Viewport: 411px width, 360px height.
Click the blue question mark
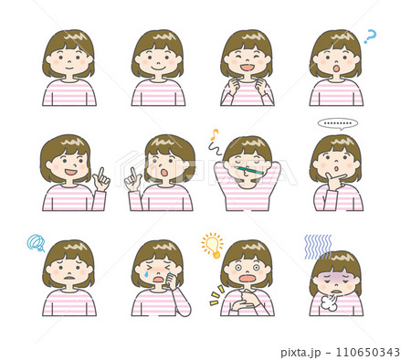pos(371,37)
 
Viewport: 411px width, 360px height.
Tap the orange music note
pos(215,133)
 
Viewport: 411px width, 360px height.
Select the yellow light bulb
pos(213,246)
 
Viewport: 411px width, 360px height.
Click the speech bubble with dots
pos(338,123)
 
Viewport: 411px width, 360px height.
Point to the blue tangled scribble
pos(36,243)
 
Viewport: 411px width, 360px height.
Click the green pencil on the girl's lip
pos(248,170)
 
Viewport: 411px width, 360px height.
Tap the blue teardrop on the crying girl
pos(147,274)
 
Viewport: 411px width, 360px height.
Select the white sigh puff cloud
pos(329,302)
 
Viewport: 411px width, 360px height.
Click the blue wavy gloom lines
pos(318,247)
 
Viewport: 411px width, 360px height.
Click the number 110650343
pos(367,352)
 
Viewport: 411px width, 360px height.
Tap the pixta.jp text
pos(300,353)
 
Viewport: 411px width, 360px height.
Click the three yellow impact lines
pos(217,295)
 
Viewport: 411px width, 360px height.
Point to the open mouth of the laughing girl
pos(248,68)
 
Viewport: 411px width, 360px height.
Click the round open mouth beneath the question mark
pos(336,68)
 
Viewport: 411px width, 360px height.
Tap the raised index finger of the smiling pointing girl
pos(100,174)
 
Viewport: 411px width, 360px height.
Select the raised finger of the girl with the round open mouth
pos(133,174)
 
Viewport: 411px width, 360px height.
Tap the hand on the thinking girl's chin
pos(334,180)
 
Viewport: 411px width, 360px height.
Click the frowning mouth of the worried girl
pos(69,278)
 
